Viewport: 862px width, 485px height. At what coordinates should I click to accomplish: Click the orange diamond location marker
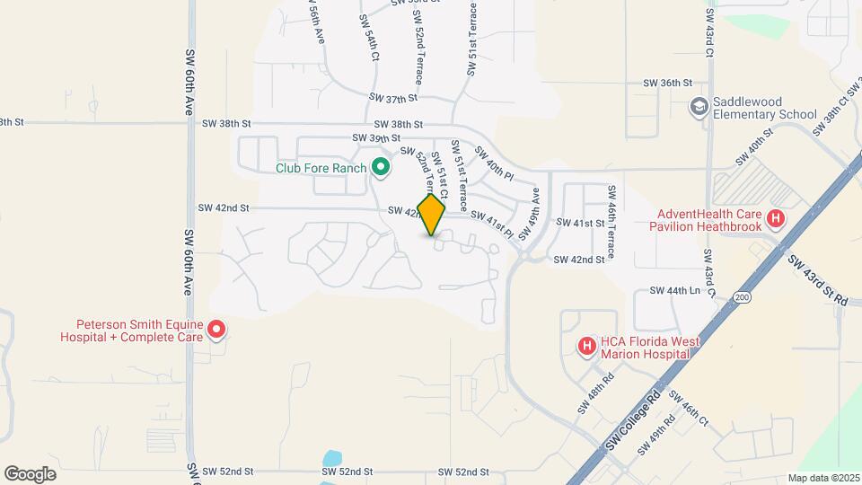point(432,215)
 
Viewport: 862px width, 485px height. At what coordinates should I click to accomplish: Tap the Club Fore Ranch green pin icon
point(380,168)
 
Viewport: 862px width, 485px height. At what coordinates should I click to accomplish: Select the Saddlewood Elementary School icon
point(698,108)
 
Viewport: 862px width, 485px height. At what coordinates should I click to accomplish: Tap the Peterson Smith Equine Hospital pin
point(215,331)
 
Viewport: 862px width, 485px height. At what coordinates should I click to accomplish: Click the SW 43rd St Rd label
point(818,281)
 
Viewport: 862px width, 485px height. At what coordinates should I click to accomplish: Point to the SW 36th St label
point(667,83)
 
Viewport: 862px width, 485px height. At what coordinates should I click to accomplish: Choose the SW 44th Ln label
point(674,291)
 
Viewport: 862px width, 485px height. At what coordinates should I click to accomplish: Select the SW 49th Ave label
point(532,214)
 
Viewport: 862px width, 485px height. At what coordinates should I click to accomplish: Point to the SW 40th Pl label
point(493,162)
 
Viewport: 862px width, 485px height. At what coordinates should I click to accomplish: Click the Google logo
point(30,473)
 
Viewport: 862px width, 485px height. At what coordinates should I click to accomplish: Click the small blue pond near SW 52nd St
point(331,459)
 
